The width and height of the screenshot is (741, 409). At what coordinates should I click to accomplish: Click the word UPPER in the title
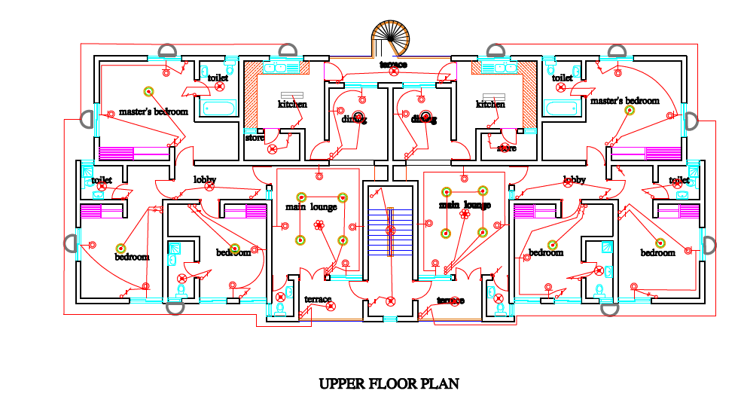[x=342, y=384]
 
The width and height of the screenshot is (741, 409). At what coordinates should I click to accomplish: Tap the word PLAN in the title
[x=440, y=384]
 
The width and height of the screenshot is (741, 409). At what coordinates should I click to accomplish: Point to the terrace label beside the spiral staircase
[x=393, y=65]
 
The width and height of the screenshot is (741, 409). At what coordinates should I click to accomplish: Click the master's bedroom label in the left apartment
[x=154, y=111]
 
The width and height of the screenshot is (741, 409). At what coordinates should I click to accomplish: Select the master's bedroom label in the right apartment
[x=624, y=101]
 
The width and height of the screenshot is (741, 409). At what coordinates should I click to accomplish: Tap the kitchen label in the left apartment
[x=292, y=104]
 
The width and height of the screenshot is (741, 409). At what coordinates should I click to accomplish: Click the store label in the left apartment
[x=255, y=138]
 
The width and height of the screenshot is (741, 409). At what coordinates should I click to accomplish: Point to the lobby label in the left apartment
[x=205, y=180]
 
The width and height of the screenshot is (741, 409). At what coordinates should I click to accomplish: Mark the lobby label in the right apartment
[x=574, y=180]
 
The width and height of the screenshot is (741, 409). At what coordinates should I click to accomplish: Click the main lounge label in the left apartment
[x=310, y=206]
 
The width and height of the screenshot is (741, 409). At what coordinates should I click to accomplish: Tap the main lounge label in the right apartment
[x=465, y=205]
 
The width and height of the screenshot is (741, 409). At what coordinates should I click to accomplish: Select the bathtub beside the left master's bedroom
[x=218, y=108]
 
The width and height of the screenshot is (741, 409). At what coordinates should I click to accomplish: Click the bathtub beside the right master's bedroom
[x=561, y=108]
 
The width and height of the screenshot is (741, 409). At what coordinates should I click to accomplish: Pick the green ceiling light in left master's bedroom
[x=149, y=92]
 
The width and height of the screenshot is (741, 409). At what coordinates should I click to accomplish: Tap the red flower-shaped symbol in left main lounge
[x=319, y=224]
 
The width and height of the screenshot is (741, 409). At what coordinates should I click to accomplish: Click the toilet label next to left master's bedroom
[x=218, y=78]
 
